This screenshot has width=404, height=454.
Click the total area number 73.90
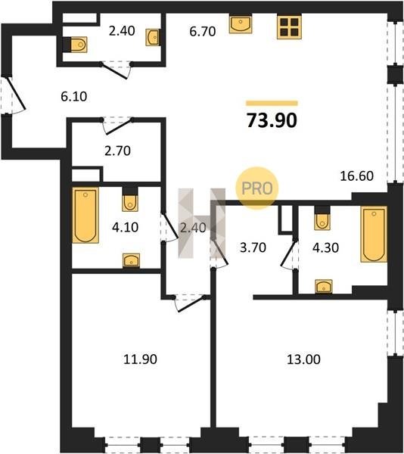coord(272,120)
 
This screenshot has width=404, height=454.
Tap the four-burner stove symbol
coord(289,26)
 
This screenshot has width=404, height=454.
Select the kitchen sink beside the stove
coord(240,25)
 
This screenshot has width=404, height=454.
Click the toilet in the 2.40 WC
coord(75,45)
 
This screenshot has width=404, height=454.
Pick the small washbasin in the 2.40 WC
coord(152,37)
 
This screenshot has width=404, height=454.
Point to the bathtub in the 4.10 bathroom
coord(85,215)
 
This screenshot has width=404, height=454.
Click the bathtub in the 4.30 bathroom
coord(374,235)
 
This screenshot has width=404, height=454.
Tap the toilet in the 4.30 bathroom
coord(322,219)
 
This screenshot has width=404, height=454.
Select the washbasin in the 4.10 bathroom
coord(131,260)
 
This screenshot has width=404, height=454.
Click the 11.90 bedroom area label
coord(141,359)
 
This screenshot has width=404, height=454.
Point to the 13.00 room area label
coord(303,359)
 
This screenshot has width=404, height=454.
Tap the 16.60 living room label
coord(356,176)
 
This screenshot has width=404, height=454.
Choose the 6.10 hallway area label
coord(74,96)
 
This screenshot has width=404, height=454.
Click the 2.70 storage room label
coord(117,151)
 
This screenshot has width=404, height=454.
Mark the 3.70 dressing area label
coord(253,247)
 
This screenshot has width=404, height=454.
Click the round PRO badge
coord(257,188)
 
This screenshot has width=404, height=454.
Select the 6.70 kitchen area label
coord(203,31)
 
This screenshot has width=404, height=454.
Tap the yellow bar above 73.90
coord(272,103)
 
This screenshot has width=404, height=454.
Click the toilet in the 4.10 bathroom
coord(130,200)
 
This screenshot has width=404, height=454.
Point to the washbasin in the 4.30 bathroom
coord(324,286)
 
